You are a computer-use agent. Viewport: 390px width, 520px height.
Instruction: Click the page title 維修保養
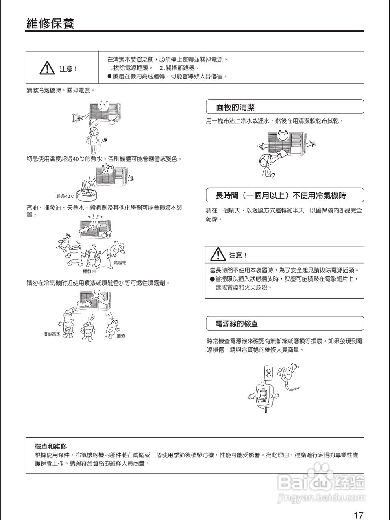point(50,24)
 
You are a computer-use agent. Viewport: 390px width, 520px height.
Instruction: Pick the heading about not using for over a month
point(281,195)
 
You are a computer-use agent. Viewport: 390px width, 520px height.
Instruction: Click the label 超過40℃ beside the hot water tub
point(65,196)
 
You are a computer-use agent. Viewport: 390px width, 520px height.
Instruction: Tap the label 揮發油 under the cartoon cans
point(89,271)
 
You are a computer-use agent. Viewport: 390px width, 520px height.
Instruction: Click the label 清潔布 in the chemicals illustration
point(120,262)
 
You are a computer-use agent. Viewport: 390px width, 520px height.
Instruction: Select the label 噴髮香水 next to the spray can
point(52,334)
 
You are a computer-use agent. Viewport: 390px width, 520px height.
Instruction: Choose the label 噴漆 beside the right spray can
point(121,336)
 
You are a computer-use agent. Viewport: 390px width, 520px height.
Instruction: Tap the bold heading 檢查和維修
point(51,446)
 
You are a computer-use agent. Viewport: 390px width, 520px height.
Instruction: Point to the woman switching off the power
point(91,132)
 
